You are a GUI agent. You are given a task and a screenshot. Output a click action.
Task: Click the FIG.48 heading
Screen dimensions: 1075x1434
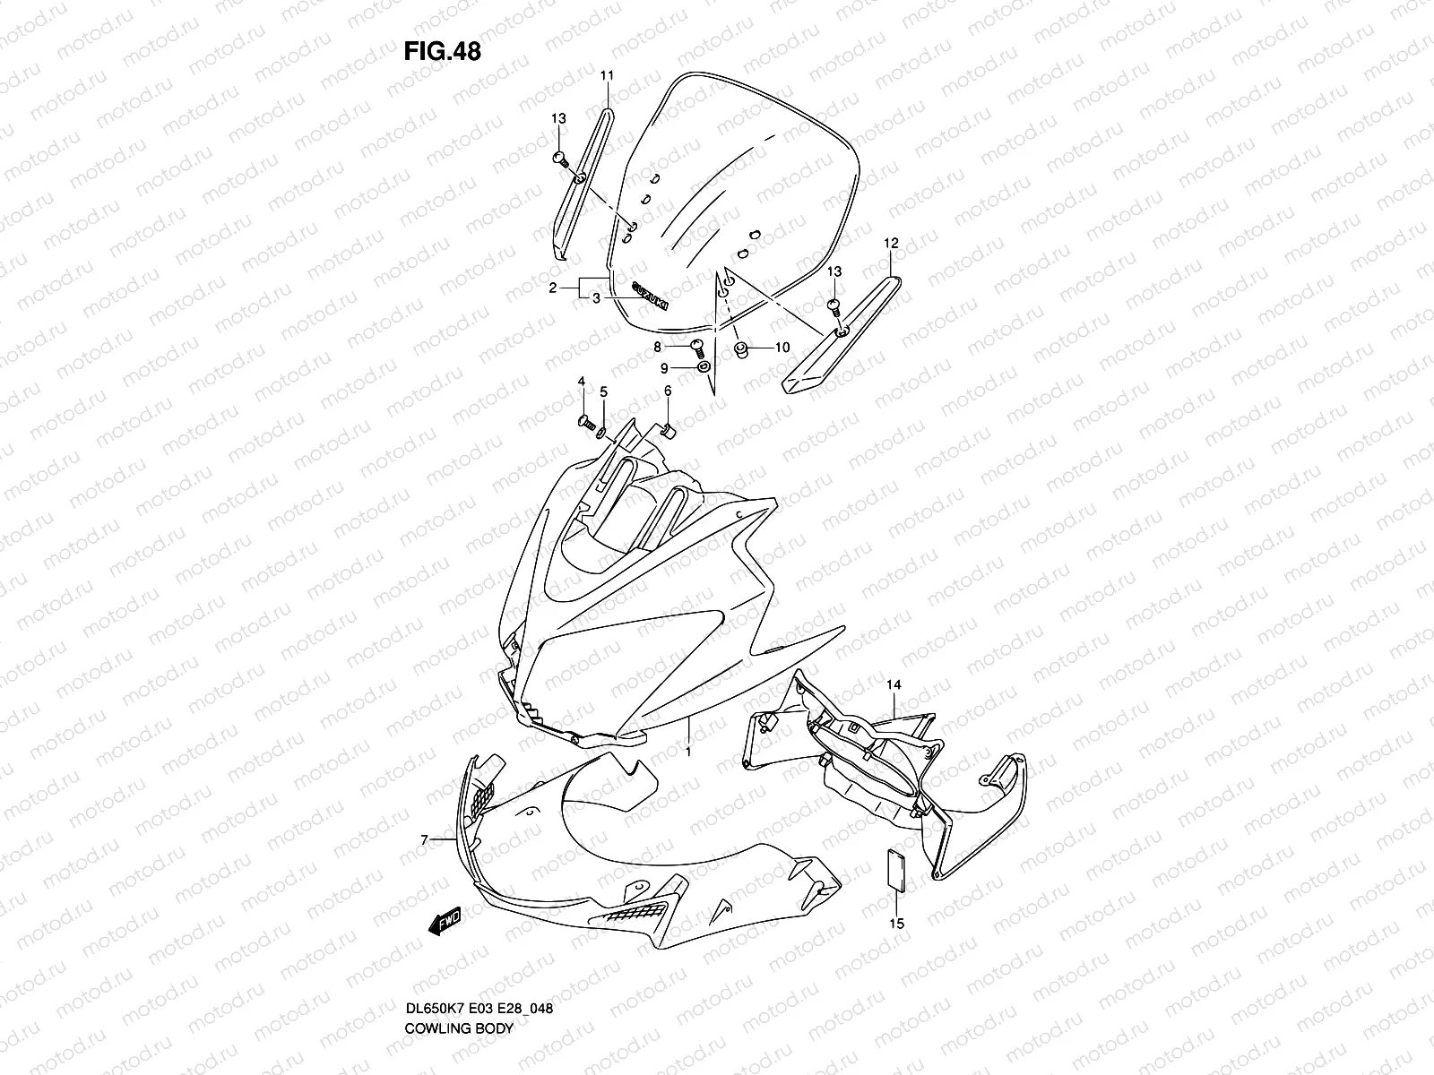442,52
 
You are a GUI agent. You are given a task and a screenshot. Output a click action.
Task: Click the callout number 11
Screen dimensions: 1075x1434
606,75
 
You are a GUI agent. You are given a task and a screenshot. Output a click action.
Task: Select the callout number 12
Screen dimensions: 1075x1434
890,243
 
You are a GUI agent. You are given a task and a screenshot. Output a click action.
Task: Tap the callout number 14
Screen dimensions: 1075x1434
894,685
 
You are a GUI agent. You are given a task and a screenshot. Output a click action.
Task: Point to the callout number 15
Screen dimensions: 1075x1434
897,924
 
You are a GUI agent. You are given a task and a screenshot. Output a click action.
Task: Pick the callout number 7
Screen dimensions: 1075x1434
425,839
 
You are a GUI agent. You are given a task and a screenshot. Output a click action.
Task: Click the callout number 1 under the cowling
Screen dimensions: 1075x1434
688,752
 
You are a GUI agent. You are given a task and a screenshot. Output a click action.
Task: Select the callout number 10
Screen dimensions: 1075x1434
782,348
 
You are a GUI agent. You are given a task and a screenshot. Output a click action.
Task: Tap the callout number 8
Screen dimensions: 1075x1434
658,346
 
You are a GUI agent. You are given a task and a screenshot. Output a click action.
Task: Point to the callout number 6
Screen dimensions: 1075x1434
668,391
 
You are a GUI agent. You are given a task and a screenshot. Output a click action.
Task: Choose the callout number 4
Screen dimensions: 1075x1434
582,382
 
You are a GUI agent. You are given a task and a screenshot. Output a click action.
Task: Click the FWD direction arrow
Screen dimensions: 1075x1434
445,921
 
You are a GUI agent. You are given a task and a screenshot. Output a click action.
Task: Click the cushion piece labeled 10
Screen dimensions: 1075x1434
741,348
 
